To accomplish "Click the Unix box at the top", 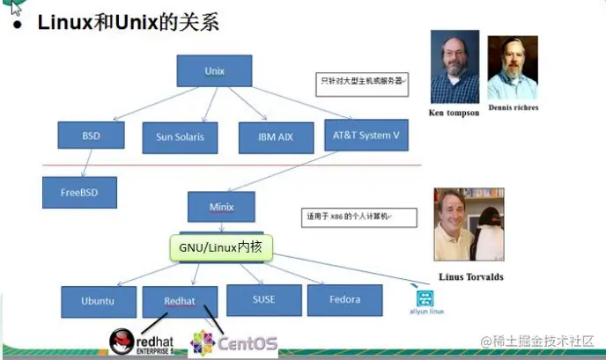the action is [x=214, y=70].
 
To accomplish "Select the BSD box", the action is [x=92, y=136].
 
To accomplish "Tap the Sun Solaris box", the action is [x=180, y=136].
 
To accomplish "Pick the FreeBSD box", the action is [x=79, y=191].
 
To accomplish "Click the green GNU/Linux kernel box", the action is [x=220, y=248].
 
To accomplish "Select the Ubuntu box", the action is [x=98, y=300].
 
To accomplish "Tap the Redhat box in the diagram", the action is [x=180, y=300].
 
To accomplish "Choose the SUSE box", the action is [x=263, y=299].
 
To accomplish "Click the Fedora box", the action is [x=344, y=299].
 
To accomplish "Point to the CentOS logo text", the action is [x=248, y=342].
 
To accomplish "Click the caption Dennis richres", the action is [x=513, y=108].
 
